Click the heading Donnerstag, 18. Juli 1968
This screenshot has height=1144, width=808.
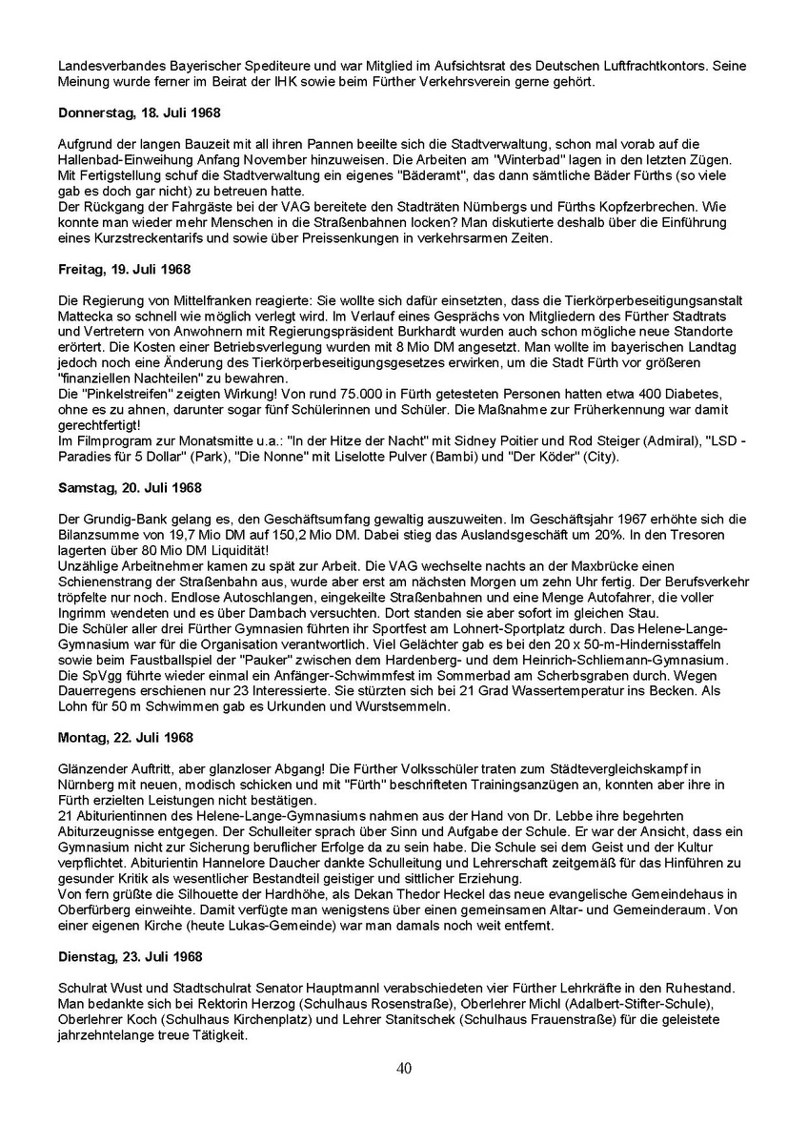139,112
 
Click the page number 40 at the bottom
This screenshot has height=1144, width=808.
404,1068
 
